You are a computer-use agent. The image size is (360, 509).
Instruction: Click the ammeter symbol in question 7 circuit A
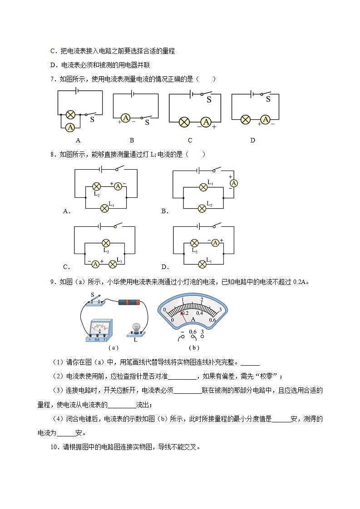(x=70, y=127)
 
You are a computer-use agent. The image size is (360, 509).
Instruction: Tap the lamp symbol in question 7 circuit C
(x=184, y=122)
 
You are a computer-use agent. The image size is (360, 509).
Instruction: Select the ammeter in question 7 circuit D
(x=265, y=120)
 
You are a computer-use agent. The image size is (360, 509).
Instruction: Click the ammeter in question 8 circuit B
(x=234, y=183)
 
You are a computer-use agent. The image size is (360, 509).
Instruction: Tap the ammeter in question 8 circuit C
(x=95, y=264)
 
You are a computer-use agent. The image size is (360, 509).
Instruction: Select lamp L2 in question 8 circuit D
(x=195, y=243)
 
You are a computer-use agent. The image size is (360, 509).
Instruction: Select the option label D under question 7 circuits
(x=253, y=140)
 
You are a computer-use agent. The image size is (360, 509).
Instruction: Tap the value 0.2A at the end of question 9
(x=300, y=282)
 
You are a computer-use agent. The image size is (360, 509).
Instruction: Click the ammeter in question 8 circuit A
(x=118, y=186)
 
